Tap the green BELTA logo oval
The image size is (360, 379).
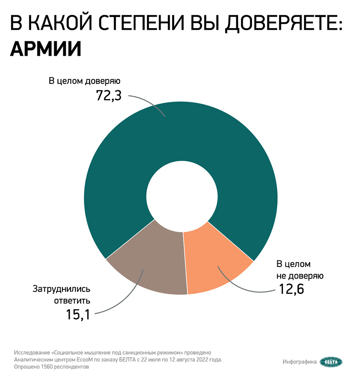331,362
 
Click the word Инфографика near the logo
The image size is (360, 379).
300,362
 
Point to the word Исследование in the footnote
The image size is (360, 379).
32,353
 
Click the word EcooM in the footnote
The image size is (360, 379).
86,360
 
